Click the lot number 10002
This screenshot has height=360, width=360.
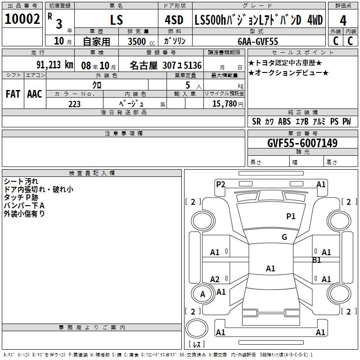pos(22,19)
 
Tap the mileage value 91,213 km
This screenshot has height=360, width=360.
pos(55,65)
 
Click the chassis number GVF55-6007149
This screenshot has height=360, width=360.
pos(302,143)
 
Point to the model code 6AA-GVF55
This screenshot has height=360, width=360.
pos(258,41)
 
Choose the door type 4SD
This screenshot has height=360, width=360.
pos(174,20)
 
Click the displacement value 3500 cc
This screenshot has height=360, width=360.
pos(141,41)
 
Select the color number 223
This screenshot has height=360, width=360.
pos(74,104)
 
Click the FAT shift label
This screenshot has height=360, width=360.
pos(13,94)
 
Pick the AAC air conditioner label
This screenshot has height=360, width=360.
pos(35,94)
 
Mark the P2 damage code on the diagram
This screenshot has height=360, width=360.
pos(220,184)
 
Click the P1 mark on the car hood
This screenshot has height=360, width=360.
pos(291,216)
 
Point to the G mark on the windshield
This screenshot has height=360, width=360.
pos(284,237)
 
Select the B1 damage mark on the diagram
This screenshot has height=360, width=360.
pos(317,260)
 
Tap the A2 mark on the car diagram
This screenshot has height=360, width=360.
pos(215,279)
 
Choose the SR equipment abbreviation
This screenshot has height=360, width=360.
pos(256,121)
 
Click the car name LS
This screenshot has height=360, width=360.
pos(117,20)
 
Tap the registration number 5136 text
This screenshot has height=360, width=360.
pos(193,65)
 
